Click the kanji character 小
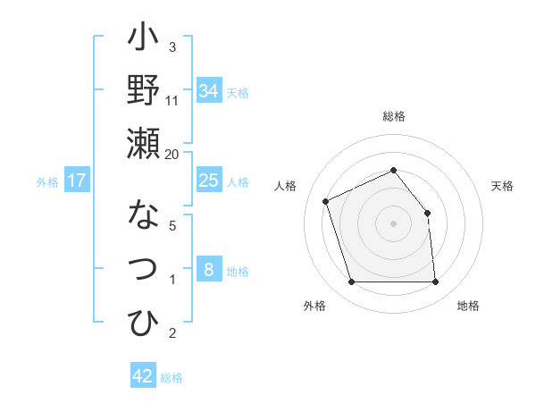coord(143,40)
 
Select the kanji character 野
coord(143,91)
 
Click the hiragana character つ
coord(143,269)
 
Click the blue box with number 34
coord(209,91)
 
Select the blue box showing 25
coord(209,181)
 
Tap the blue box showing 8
coord(209,269)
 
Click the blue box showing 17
coord(77,181)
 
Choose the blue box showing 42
coord(143,376)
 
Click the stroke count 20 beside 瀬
coord(172,155)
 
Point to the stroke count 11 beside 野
coord(172,100)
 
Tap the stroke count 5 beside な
coord(172,226)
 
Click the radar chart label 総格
coord(393,117)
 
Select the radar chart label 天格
coord(502,186)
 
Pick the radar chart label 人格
coord(286,186)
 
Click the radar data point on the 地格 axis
coord(436,282)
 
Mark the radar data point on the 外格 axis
coord(351,282)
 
